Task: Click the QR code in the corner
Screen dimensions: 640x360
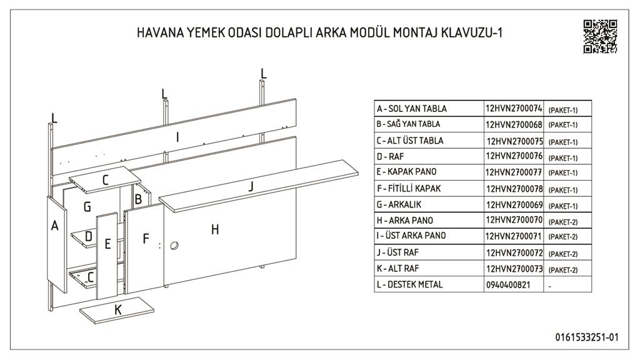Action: click(600, 36)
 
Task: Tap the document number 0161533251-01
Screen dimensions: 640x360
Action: click(586, 337)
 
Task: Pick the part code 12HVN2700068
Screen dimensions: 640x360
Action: click(514, 124)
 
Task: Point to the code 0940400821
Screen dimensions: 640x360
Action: click(507, 285)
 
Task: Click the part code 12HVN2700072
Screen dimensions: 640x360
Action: click(514, 252)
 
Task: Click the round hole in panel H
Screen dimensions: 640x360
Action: click(174, 246)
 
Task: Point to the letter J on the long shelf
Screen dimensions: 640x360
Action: click(251, 186)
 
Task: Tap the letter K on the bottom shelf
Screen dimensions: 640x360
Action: click(118, 310)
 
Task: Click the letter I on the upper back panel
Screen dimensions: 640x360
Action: click(177, 137)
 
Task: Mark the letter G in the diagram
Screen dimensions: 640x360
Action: click(87, 207)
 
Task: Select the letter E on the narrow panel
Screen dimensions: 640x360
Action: click(107, 244)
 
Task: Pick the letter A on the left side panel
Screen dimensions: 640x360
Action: click(55, 225)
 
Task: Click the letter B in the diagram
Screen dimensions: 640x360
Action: click(138, 199)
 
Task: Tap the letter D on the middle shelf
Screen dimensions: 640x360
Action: click(89, 236)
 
